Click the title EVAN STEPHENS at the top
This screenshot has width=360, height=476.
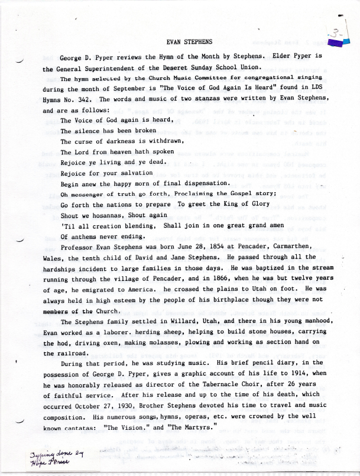189,42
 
